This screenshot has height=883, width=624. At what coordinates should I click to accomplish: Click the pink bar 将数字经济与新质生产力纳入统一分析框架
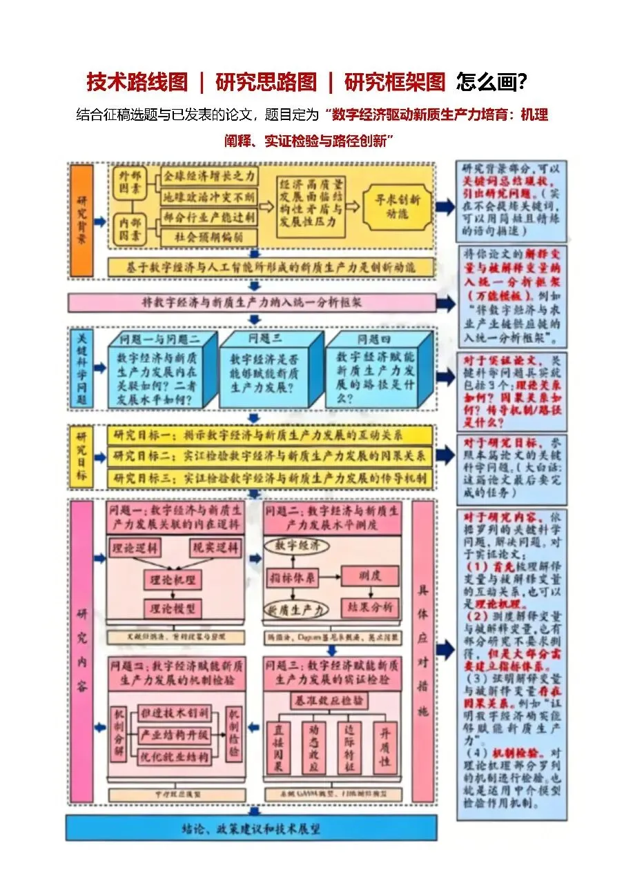coord(252,302)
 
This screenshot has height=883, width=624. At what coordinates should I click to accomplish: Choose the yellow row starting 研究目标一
coord(270,435)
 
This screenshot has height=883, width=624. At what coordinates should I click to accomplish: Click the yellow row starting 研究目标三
coord(270,477)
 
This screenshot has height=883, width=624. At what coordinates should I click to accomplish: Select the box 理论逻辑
coord(135,548)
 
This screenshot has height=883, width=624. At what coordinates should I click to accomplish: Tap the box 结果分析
coord(370,607)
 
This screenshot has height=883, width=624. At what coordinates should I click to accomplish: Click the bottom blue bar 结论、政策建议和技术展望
coord(251,828)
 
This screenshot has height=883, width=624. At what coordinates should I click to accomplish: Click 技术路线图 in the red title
coord(137,82)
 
